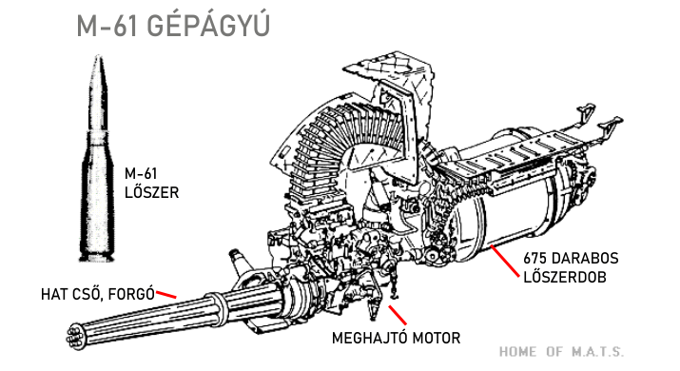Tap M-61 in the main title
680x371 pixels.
(107, 27)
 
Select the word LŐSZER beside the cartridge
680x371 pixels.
(151, 192)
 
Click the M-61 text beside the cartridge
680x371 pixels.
(141, 173)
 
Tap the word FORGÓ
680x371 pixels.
(131, 294)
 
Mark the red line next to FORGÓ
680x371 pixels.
(166, 295)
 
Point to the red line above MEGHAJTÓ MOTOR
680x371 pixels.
(398, 315)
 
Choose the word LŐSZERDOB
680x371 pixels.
(565, 277)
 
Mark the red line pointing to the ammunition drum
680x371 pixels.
(504, 261)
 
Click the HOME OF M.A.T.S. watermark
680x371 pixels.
(562, 351)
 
